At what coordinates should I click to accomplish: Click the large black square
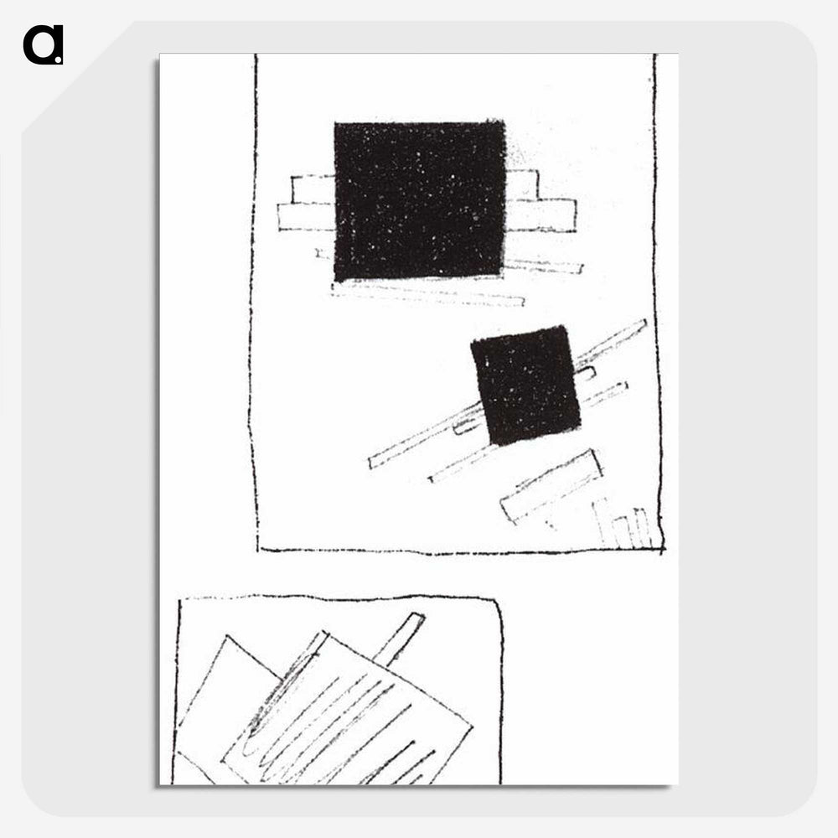(x=420, y=200)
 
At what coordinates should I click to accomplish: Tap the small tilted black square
(x=525, y=385)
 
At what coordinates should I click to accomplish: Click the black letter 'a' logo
(x=44, y=45)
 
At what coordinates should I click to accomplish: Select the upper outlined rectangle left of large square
(x=313, y=189)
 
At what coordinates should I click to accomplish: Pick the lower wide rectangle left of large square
(x=306, y=216)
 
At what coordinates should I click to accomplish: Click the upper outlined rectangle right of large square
(x=522, y=185)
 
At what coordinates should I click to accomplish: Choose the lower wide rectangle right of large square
(x=541, y=215)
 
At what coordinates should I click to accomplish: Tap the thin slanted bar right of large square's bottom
(x=544, y=266)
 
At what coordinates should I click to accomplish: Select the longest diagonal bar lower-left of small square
(x=425, y=437)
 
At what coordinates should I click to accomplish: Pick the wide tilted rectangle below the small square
(x=551, y=486)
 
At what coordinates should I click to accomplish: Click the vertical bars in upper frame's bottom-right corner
(x=623, y=524)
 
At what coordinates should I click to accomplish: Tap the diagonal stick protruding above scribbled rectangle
(x=398, y=639)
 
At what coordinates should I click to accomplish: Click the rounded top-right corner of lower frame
(x=496, y=603)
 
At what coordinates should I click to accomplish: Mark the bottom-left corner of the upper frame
(x=257, y=550)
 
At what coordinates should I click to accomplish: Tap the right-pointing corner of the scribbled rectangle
(x=472, y=727)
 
